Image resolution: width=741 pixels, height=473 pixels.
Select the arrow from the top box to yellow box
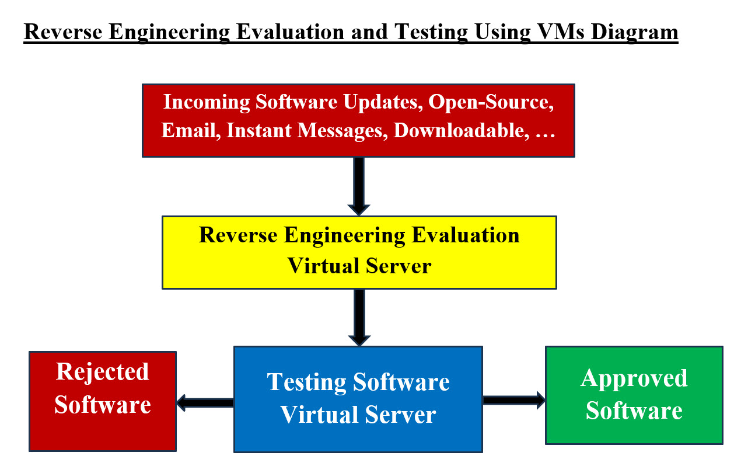(x=359, y=186)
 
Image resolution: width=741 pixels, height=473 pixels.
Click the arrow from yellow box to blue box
(x=359, y=317)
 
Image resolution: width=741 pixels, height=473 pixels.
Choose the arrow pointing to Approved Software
(x=514, y=400)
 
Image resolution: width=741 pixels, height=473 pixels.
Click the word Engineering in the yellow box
(x=344, y=235)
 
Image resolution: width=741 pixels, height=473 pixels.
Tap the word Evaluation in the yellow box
(x=465, y=235)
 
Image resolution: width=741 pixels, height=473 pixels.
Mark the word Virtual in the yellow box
(x=324, y=266)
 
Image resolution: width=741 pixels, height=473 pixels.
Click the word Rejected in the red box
(x=102, y=371)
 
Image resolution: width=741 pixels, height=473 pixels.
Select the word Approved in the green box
(x=634, y=378)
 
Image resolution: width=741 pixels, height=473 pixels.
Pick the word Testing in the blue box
(x=307, y=382)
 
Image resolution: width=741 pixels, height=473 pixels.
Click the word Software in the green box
(x=634, y=410)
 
